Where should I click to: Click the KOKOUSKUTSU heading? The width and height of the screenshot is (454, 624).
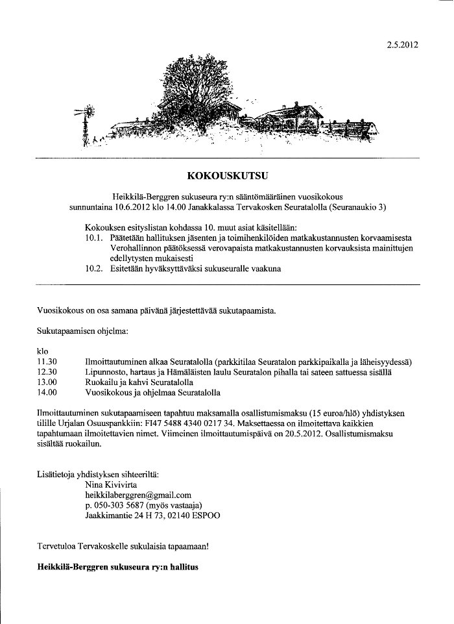click(x=227, y=175)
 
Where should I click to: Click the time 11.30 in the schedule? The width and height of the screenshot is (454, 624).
click(x=47, y=362)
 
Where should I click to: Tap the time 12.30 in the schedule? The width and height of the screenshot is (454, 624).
click(x=47, y=372)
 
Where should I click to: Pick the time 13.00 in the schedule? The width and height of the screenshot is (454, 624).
click(x=47, y=382)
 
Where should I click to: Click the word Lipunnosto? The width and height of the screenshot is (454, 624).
click(x=106, y=372)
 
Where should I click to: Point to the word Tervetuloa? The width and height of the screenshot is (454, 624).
click(x=58, y=546)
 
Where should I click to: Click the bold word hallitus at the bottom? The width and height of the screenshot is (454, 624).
click(x=183, y=567)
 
